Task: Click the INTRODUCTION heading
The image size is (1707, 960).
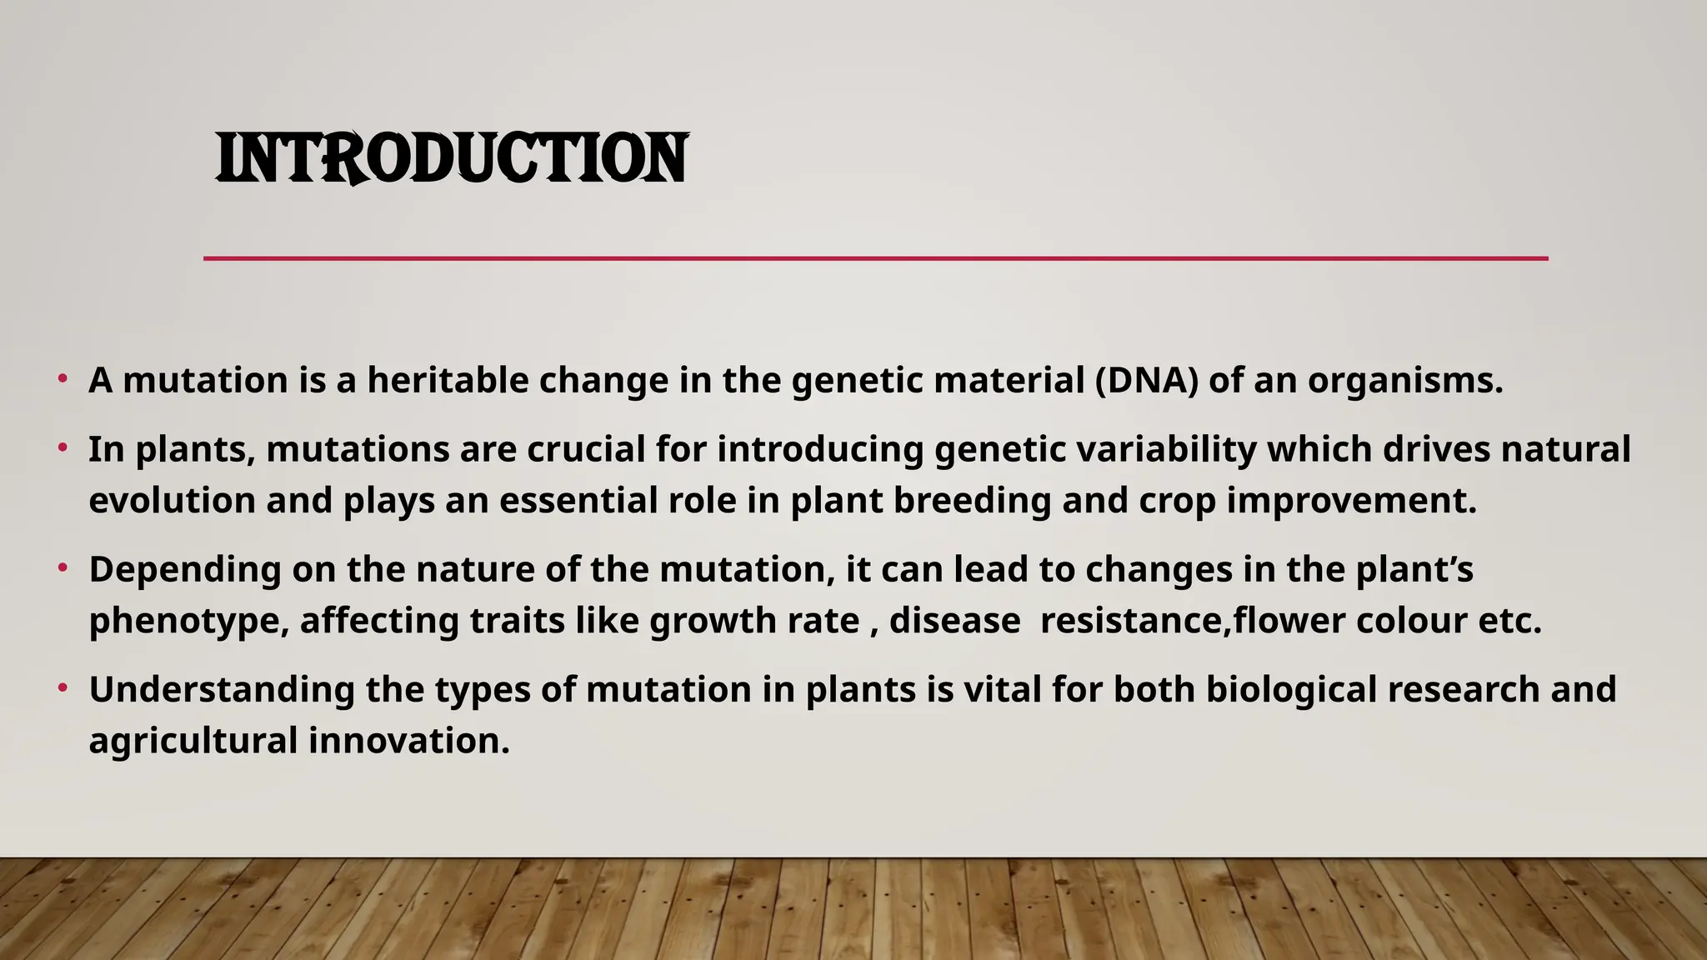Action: click(451, 158)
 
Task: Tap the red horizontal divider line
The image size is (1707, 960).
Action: click(875, 258)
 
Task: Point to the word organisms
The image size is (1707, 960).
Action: click(1404, 380)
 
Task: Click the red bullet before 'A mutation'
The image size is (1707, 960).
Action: click(63, 380)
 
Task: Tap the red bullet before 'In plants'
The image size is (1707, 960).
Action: click(63, 449)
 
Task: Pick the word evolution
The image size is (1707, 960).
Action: click(172, 501)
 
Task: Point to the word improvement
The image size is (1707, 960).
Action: click(1351, 501)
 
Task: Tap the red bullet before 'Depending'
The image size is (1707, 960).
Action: click(63, 569)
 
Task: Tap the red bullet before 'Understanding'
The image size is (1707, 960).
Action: click(63, 689)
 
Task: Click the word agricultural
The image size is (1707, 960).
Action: click(193, 741)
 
